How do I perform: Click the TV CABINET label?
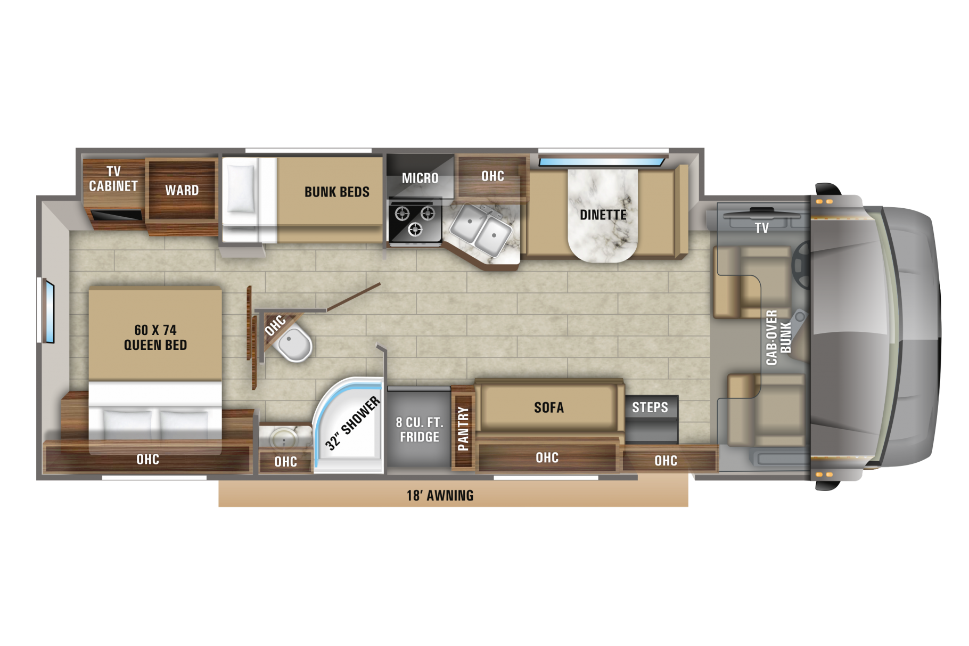(x=113, y=179)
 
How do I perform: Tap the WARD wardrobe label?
(x=182, y=190)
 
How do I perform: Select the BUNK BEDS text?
(x=337, y=192)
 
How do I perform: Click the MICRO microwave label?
(x=420, y=178)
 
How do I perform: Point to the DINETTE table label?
(x=603, y=215)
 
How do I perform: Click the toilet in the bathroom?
(x=294, y=343)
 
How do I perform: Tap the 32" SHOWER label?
(x=353, y=423)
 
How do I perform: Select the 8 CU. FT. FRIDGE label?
(x=420, y=429)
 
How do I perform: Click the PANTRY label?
(x=463, y=428)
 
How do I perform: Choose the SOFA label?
(x=549, y=407)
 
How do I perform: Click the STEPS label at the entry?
(x=650, y=407)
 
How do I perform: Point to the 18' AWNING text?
(x=440, y=495)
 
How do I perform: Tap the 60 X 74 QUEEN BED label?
(x=155, y=337)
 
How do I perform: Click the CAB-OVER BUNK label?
(x=778, y=337)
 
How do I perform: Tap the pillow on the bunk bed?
(x=241, y=189)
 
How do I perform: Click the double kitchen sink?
(x=481, y=230)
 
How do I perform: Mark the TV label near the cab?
(x=762, y=228)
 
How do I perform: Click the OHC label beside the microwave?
(x=492, y=176)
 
